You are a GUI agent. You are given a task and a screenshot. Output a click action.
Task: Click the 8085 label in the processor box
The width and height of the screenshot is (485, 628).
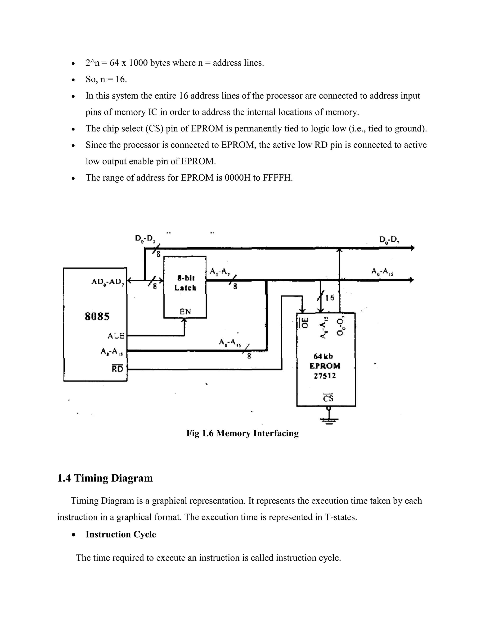coord(97,317)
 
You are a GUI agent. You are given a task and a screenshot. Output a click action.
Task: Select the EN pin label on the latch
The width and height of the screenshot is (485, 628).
coord(185,311)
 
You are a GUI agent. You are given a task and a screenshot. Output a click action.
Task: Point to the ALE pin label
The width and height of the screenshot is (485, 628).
coord(116,336)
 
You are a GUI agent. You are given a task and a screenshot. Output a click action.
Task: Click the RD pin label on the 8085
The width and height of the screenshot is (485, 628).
coord(117,369)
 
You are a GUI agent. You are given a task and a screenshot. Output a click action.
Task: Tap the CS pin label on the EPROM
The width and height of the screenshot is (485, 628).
coord(328,398)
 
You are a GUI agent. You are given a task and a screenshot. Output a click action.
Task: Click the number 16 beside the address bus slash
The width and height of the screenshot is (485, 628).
coord(330,297)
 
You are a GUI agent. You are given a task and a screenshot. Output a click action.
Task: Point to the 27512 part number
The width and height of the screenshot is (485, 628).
coord(325,376)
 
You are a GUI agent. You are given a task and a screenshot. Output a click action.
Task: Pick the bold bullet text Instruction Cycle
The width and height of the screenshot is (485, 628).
coord(121,534)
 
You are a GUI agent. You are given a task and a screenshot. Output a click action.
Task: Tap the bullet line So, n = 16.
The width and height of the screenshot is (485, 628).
coord(106,79)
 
